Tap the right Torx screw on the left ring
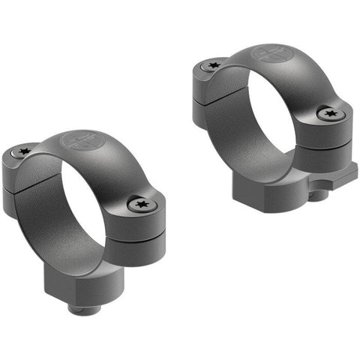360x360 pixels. (139, 203)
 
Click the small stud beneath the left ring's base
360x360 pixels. (82, 308)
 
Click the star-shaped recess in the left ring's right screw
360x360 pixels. (139, 203)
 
